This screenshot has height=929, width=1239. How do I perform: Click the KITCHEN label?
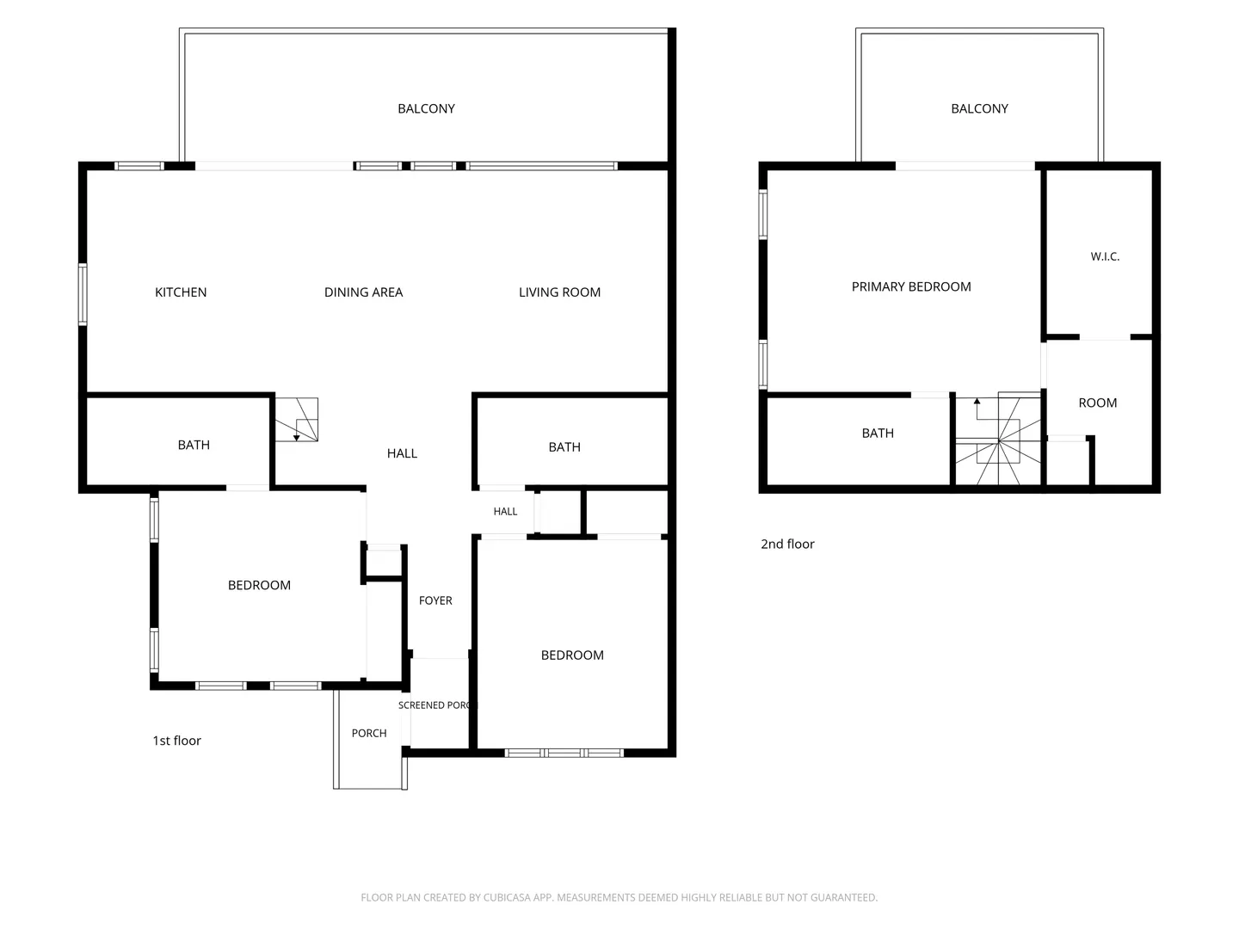coord(181,292)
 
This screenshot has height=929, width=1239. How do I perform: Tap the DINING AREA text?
coord(363,292)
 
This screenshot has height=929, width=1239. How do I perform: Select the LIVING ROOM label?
coord(559,292)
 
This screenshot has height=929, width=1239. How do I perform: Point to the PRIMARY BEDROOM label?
coord(911,286)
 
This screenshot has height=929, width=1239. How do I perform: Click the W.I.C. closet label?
coord(1105,256)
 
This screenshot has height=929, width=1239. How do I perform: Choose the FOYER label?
coord(435,600)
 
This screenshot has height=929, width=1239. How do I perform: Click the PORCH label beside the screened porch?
coord(369,733)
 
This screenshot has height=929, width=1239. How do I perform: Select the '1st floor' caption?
coord(176,741)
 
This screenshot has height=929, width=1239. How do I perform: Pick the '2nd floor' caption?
coord(787,544)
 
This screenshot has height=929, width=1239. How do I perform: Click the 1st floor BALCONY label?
coord(426,108)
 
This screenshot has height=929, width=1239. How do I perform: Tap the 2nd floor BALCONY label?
coord(979,108)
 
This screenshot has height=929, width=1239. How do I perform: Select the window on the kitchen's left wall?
coord(83,294)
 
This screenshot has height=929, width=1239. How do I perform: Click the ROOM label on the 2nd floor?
coord(1097,403)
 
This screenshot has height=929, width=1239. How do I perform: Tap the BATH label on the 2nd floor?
coord(878,434)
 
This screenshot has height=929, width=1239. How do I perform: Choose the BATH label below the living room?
coord(564,447)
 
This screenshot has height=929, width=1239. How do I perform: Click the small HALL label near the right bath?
coord(505,512)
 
